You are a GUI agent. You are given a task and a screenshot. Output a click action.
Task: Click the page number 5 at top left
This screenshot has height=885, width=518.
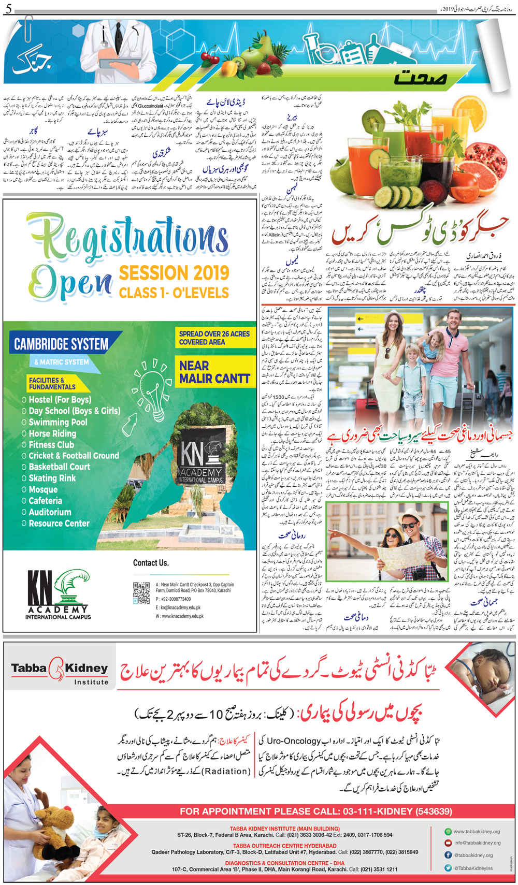8,9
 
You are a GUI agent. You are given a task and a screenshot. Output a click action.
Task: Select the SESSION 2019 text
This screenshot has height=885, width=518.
174,273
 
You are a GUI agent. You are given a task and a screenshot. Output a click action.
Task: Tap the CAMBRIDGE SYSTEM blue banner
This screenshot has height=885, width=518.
62,344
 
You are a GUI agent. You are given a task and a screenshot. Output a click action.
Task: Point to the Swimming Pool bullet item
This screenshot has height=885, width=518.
58,422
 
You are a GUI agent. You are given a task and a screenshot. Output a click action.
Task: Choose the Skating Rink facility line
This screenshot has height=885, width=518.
52,478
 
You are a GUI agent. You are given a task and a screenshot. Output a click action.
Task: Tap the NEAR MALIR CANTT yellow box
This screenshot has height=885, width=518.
214,372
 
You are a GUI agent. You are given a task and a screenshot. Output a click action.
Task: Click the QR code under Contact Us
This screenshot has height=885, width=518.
141,593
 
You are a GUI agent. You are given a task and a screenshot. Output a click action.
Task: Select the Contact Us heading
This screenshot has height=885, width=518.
151,563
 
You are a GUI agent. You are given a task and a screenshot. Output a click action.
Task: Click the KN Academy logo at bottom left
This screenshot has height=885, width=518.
58,594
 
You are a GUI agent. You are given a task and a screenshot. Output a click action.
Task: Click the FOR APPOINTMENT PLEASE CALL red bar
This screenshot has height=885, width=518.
316,811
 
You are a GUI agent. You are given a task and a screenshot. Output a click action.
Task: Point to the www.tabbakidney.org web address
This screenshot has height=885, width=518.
477,832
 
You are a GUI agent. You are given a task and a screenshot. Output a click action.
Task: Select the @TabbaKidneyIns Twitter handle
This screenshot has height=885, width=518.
473,868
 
